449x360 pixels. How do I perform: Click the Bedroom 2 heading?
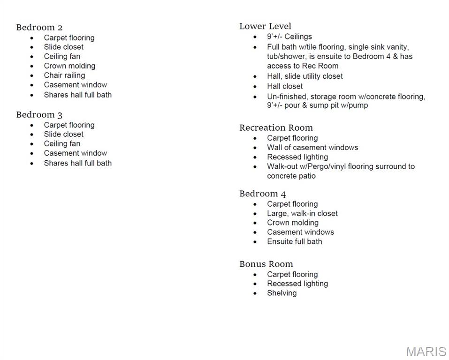[39, 27]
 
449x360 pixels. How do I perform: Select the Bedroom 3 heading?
[39, 115]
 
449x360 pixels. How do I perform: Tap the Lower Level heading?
[265, 26]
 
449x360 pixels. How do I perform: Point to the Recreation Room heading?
[276, 127]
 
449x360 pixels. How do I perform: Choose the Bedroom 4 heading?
[262, 194]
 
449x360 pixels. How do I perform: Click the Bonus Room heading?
[266, 264]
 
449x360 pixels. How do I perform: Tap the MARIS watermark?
[426, 352]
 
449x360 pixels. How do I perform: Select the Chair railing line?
[64, 75]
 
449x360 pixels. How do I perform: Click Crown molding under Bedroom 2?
[69, 66]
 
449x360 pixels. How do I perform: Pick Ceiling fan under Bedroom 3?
[62, 143]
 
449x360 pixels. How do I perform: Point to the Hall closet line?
[285, 86]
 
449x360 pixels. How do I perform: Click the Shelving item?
[282, 293]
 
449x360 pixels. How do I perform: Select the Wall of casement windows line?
[312, 147]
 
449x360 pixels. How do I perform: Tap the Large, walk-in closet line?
[302, 213]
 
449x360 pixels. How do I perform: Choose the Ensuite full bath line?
[295, 241]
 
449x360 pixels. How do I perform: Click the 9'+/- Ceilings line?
[289, 37]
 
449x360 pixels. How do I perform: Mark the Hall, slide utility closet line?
[305, 76]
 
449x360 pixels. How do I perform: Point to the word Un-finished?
[286, 97]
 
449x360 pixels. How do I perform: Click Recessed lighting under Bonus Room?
[297, 284]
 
